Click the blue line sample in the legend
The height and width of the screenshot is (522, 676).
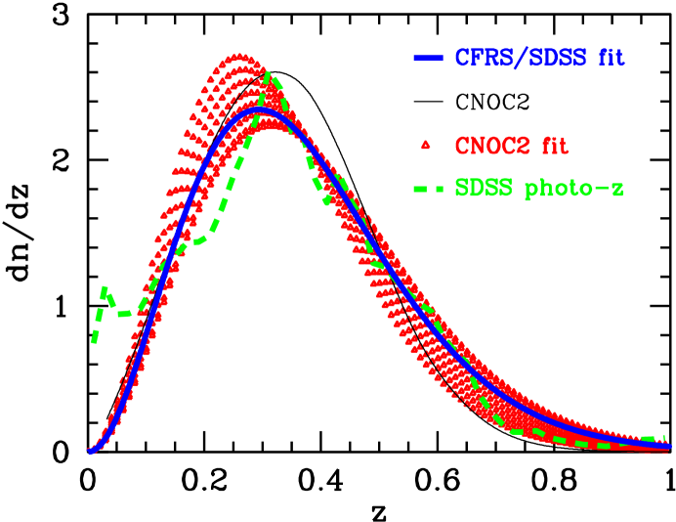(428, 58)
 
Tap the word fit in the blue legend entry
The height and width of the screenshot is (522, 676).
(606, 58)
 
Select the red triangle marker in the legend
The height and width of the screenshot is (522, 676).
(425, 147)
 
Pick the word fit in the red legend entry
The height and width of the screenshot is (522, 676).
(552, 147)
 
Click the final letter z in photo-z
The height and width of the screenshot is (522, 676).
(616, 190)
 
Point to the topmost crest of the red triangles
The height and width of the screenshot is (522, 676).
(237, 56)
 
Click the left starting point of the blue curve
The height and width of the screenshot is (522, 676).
(91, 451)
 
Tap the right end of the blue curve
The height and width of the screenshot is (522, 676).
(667, 445)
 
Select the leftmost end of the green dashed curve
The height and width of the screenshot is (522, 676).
(93, 341)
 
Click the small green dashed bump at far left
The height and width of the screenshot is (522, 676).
(104, 289)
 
